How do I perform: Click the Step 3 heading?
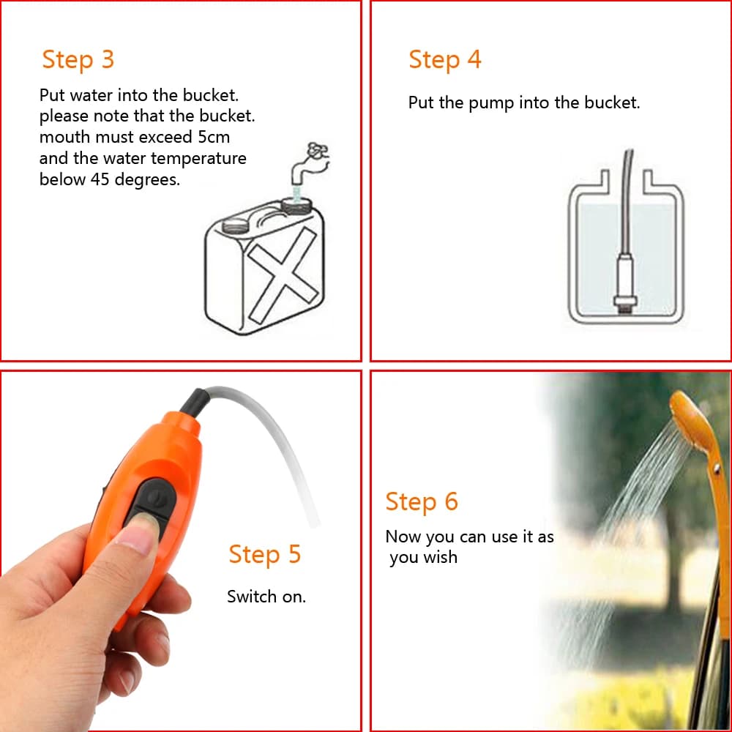[x=78, y=59]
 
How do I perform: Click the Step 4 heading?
[x=445, y=59]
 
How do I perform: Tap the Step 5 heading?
[x=264, y=554]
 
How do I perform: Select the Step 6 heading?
[x=422, y=501]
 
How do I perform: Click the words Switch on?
[x=266, y=597]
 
